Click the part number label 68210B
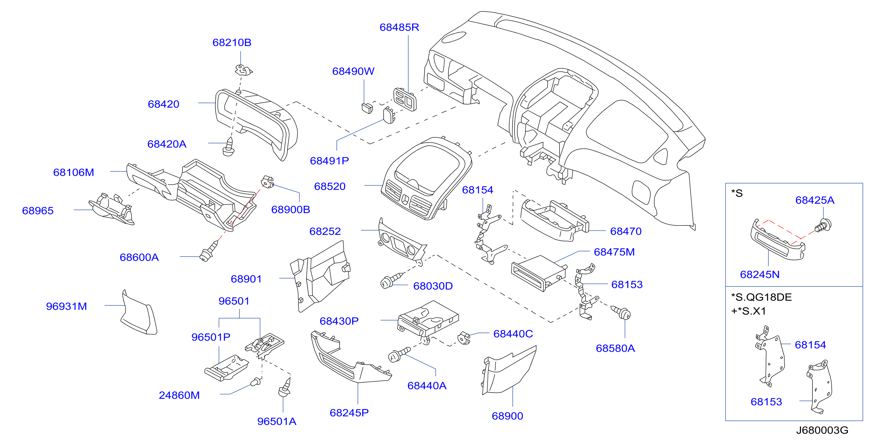[232, 43]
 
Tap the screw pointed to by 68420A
[229, 147]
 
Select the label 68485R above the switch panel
[399, 28]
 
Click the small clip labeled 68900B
[268, 182]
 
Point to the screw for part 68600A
[209, 252]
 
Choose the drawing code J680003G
[822, 430]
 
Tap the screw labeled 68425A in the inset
[824, 225]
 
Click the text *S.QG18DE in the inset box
[761, 297]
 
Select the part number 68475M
[614, 252]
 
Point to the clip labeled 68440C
[464, 338]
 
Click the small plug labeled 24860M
[256, 382]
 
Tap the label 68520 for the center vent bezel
[330, 187]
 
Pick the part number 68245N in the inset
[760, 275]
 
